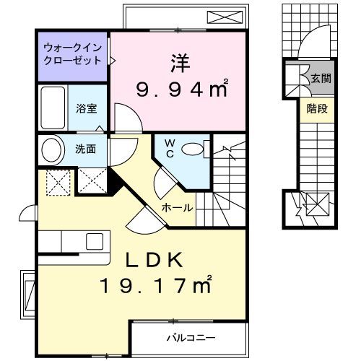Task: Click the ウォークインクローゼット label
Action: coord(71,56)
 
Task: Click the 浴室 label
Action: coord(87,109)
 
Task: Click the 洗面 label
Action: coord(86,149)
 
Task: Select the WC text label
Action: coord(168,148)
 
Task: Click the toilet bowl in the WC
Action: coord(193,149)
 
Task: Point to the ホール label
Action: coord(176,208)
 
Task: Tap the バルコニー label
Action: coord(191,337)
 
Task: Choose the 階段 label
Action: coord(316,110)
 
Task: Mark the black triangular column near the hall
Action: coord(114,178)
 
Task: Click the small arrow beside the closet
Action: coord(110,61)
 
